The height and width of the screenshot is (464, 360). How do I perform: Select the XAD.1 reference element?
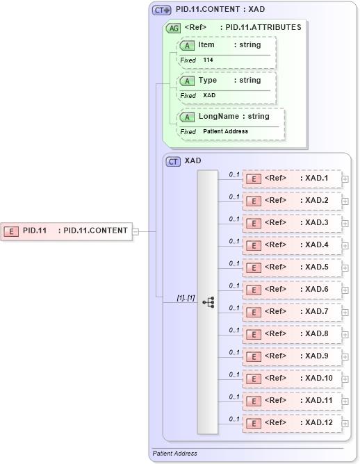click(291, 179)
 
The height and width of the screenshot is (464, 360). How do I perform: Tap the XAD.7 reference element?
click(291, 312)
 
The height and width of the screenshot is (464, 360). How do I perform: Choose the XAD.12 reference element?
click(291, 423)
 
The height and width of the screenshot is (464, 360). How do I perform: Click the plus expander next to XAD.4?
click(345, 246)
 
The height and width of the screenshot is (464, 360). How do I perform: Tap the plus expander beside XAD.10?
click(345, 379)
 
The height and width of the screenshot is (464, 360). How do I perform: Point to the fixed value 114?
click(208, 60)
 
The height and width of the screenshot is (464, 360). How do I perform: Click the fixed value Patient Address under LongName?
click(225, 131)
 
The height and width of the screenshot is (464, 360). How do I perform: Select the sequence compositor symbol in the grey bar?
click(208, 302)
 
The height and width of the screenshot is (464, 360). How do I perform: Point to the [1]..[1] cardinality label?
click(186, 297)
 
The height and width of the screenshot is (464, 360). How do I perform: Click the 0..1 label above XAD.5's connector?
click(234, 263)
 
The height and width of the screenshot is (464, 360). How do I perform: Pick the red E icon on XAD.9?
click(254, 356)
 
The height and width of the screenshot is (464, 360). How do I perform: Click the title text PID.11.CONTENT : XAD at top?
click(220, 10)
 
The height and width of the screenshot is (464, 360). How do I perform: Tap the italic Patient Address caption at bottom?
click(175, 453)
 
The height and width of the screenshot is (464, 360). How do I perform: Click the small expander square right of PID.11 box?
click(136, 231)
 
